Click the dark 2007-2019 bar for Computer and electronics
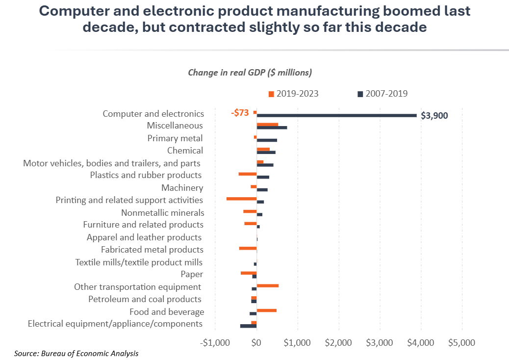click(x=336, y=116)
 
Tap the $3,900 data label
click(x=434, y=116)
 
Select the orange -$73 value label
click(x=240, y=112)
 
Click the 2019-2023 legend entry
click(x=293, y=94)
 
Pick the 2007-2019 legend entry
click(x=382, y=94)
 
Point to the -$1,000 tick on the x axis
click(x=216, y=342)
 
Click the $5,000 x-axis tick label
click(x=461, y=342)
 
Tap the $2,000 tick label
click(x=338, y=342)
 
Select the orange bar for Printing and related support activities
click(x=241, y=199)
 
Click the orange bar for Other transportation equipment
click(x=267, y=285)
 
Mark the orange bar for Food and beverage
click(x=266, y=310)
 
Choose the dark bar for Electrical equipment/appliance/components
click(x=248, y=326)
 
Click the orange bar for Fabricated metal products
click(x=248, y=248)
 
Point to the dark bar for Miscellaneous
click(x=272, y=128)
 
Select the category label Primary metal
click(x=175, y=138)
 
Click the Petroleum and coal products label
click(x=145, y=299)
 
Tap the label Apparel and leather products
click(x=144, y=237)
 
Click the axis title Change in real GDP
click(x=250, y=73)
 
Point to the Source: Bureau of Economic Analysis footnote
click(x=76, y=353)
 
